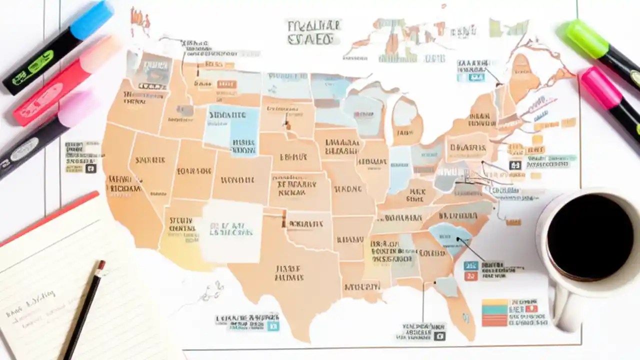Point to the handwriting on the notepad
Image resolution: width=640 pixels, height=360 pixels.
click(x=30, y=305)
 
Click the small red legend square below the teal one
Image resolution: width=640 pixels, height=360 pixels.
click(x=470, y=276)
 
